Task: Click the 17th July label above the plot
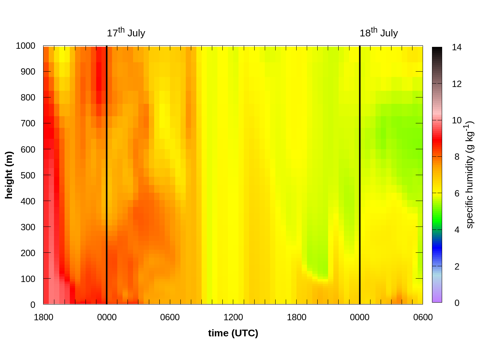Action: click(x=126, y=33)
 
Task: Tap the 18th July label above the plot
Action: click(x=378, y=33)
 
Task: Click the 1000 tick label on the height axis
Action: click(x=25, y=46)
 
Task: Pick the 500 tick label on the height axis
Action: click(x=28, y=175)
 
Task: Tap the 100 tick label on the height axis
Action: click(x=28, y=279)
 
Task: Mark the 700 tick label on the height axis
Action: click(x=28, y=123)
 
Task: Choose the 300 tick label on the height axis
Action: click(x=28, y=227)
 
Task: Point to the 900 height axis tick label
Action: click(x=28, y=72)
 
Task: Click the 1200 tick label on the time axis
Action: click(x=233, y=318)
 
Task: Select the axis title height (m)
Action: click(x=9, y=175)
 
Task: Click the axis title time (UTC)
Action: click(x=233, y=333)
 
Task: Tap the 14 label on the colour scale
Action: click(x=456, y=47)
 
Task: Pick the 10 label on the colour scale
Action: click(x=456, y=120)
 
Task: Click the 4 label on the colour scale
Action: click(x=456, y=230)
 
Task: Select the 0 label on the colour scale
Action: click(x=456, y=303)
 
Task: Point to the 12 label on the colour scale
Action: click(x=456, y=84)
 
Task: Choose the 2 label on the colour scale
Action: click(x=456, y=267)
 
